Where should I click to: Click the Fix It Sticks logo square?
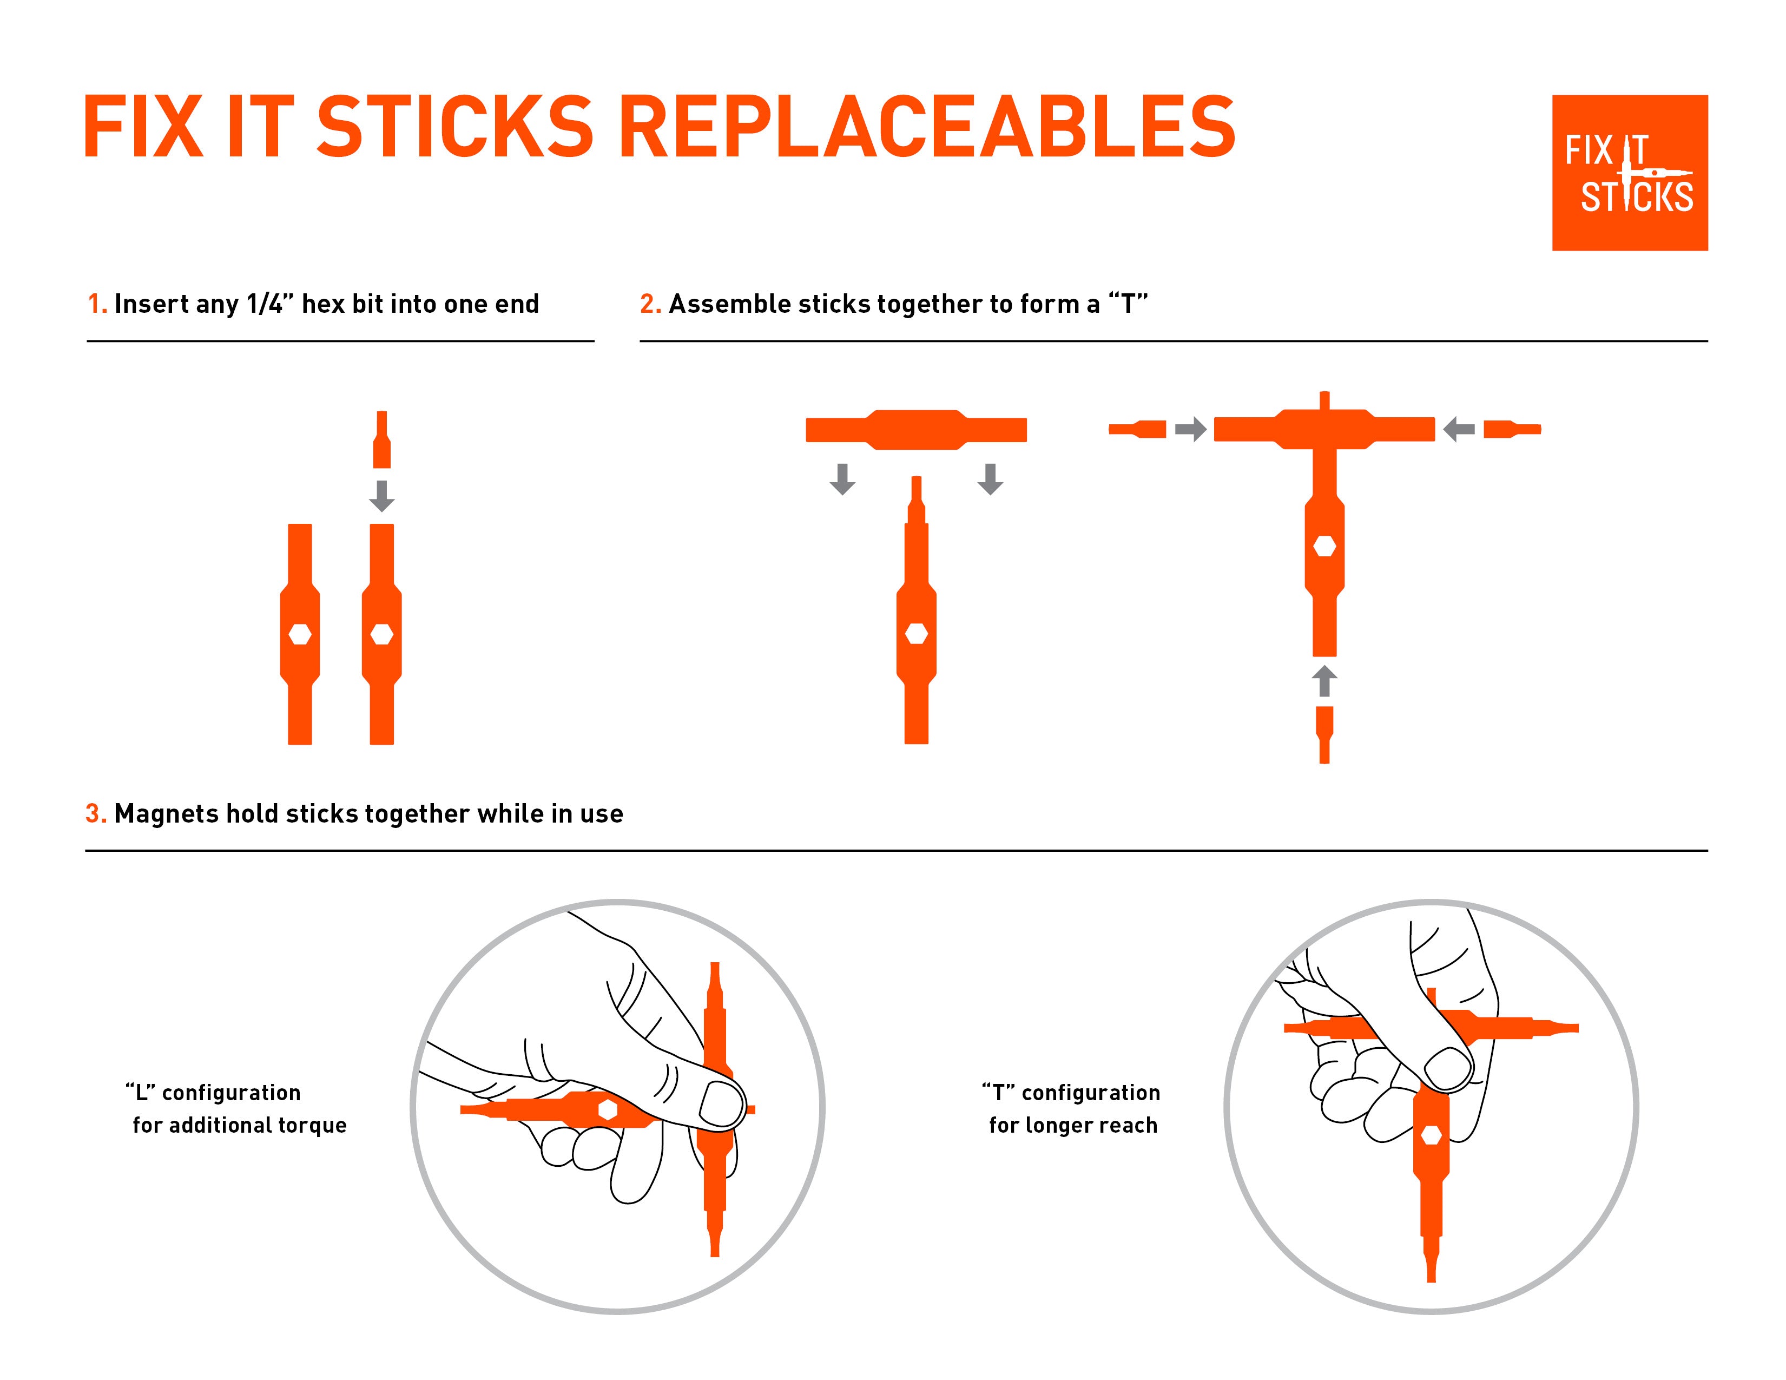[x=1629, y=173]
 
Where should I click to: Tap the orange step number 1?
[x=96, y=304]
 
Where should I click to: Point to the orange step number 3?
[x=95, y=814]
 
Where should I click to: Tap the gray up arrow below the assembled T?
[x=1324, y=681]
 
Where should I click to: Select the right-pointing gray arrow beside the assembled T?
[x=1191, y=429]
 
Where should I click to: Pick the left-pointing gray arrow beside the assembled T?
[x=1459, y=429]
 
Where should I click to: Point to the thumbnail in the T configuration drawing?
[x=1447, y=1068]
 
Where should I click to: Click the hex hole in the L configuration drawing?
[x=608, y=1109]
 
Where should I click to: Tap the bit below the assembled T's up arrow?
[x=1324, y=734]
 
